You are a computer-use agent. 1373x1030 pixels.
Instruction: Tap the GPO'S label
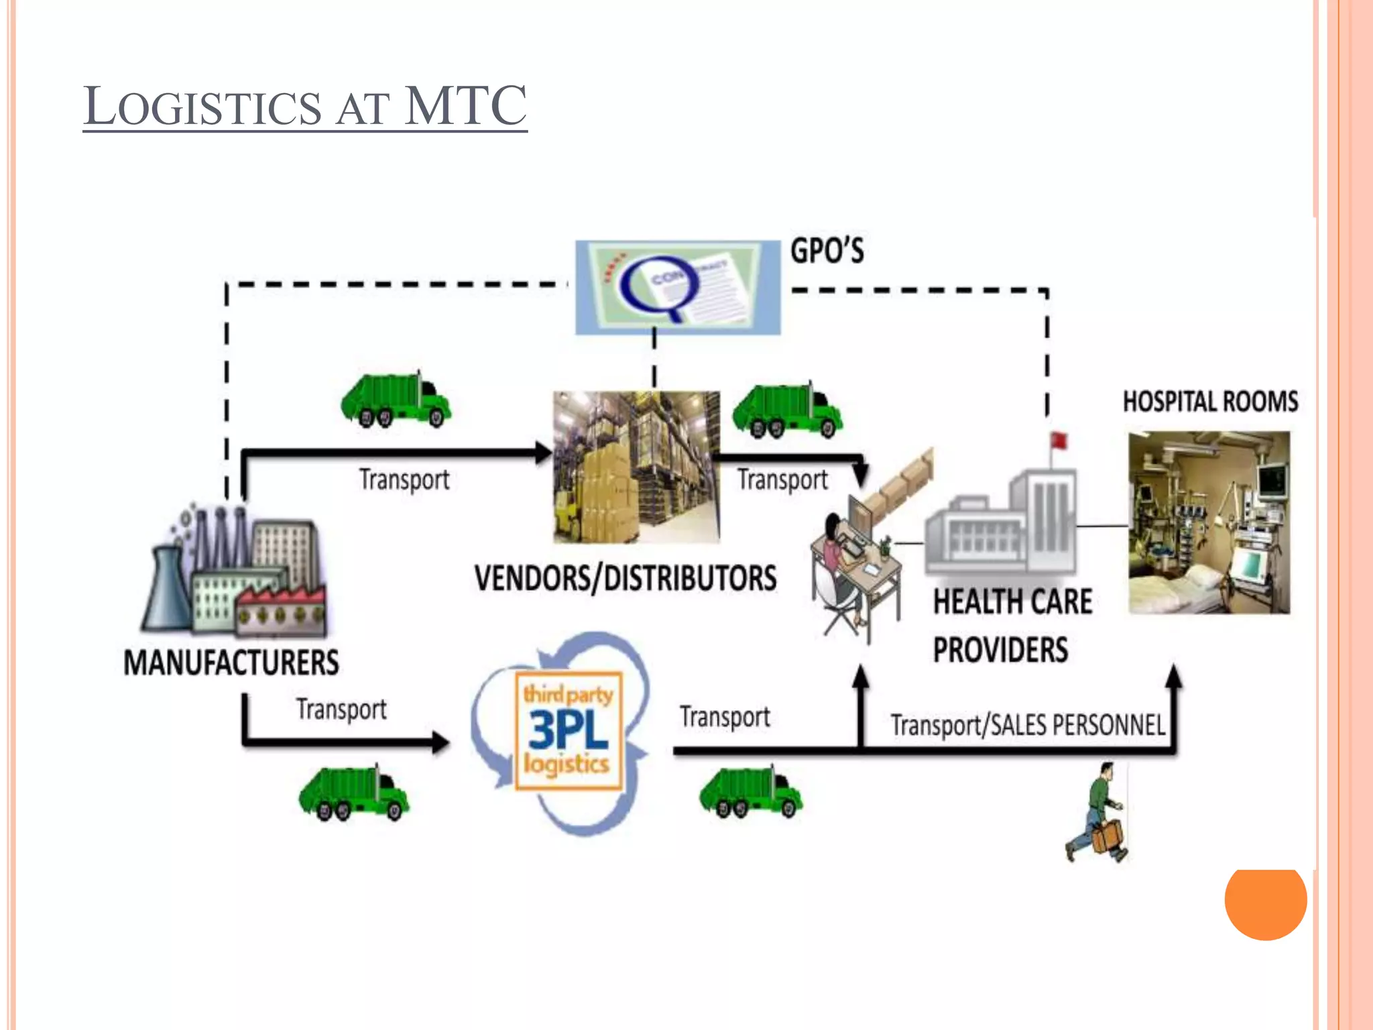(x=827, y=251)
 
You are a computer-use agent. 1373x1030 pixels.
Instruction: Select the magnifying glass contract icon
(x=677, y=288)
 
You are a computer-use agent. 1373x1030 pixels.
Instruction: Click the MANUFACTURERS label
(x=231, y=663)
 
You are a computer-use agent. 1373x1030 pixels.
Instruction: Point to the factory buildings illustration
(x=235, y=570)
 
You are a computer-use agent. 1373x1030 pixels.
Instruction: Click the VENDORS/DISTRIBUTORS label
(x=625, y=578)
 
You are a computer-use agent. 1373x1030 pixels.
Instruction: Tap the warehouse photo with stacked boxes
(x=636, y=467)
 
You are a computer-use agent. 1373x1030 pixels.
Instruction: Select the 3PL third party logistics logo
(x=568, y=731)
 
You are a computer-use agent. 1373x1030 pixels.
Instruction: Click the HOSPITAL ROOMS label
(x=1211, y=402)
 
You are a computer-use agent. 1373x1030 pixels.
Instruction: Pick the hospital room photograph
(x=1209, y=522)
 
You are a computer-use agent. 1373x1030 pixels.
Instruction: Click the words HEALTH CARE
(x=1012, y=601)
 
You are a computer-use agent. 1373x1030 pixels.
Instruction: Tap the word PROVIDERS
(x=1000, y=650)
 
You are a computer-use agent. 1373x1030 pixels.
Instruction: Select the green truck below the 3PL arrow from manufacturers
(x=353, y=794)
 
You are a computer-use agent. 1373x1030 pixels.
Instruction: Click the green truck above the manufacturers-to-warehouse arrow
(x=396, y=400)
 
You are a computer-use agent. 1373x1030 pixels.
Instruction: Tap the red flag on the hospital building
(x=1059, y=441)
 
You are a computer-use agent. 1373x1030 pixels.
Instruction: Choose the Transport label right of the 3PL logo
(x=725, y=717)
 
